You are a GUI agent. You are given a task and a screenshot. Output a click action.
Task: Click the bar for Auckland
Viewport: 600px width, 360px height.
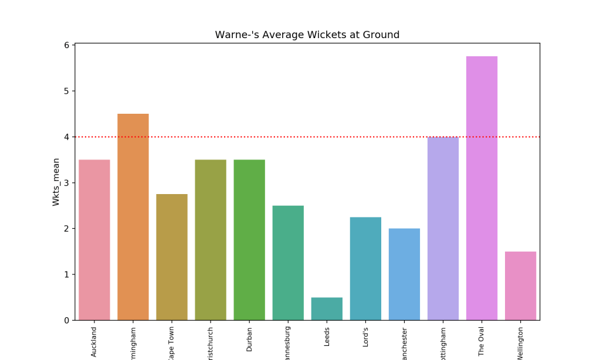(x=94, y=240)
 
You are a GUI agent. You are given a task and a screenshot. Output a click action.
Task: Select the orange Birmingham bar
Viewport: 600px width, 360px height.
(x=133, y=217)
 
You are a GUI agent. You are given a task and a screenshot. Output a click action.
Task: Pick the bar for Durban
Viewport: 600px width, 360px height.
(x=249, y=240)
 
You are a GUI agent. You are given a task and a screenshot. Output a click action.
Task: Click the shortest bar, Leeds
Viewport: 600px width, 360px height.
(x=327, y=308)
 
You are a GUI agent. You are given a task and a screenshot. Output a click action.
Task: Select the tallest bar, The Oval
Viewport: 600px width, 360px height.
(x=482, y=188)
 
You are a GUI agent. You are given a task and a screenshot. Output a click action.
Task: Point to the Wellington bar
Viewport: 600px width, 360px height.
(x=520, y=286)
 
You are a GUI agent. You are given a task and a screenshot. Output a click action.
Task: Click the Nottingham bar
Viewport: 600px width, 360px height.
(x=443, y=229)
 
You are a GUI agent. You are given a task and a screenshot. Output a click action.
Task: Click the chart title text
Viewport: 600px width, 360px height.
(x=307, y=35)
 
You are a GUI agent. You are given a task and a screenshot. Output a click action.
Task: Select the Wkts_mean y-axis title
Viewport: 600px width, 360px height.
(x=56, y=182)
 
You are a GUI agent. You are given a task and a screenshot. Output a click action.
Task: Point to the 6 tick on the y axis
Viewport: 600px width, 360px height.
(x=67, y=45)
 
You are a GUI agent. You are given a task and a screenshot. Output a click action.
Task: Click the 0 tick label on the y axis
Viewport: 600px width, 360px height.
(x=67, y=320)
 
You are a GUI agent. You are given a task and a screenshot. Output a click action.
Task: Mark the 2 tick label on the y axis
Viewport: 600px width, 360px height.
(x=67, y=229)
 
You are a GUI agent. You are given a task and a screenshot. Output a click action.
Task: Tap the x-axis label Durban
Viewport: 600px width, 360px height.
(x=249, y=339)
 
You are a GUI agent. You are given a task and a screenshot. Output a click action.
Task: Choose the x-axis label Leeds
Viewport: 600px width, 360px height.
(x=327, y=338)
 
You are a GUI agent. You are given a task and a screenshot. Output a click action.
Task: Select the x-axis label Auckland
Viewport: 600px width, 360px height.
(x=94, y=341)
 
